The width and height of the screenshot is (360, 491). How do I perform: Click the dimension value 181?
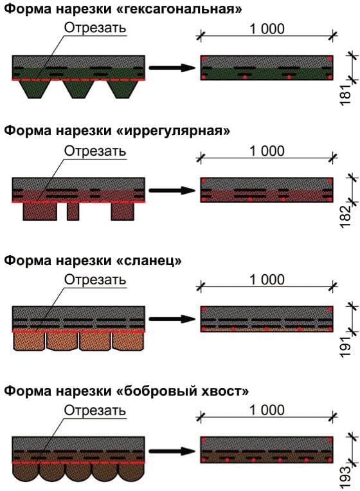tap(346, 95)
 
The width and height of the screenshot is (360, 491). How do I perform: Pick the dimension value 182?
tap(346, 217)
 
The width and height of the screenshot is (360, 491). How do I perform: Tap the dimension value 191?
tap(346, 347)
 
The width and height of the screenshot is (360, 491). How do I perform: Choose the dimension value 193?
tap(346, 477)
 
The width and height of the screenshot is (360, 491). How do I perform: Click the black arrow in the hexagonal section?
tap(172, 68)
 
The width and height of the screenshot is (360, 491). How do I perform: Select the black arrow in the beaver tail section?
tap(172, 451)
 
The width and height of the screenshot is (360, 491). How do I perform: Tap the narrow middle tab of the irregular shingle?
tap(73, 211)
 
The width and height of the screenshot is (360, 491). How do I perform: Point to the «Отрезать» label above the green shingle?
tap(95, 28)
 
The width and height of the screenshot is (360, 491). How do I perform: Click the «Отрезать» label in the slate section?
tap(95, 280)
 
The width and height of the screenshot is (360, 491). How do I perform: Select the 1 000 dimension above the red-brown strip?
tap(267, 151)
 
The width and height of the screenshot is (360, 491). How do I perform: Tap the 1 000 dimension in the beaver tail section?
tap(267, 410)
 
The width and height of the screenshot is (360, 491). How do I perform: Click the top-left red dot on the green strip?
tap(203, 59)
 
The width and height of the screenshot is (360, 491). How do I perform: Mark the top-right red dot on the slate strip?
tap(330, 310)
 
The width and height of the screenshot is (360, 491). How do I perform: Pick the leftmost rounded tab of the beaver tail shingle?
tap(25, 472)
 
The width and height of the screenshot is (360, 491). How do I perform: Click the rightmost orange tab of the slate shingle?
tap(128, 340)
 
